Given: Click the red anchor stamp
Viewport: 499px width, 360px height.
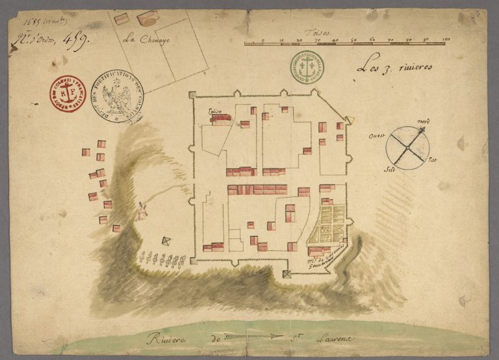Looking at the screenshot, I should (67, 94).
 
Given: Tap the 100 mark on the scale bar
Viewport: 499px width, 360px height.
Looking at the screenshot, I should (446, 40).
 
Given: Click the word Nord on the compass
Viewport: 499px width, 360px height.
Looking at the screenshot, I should (424, 122).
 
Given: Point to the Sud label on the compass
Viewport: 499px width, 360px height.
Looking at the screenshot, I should (390, 168).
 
